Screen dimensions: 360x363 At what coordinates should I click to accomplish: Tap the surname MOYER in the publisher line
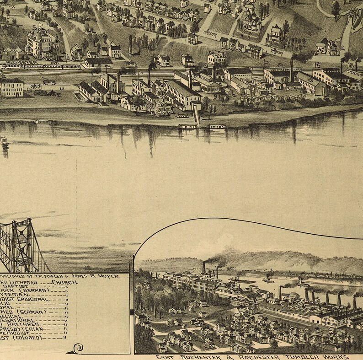click(x=108, y=276)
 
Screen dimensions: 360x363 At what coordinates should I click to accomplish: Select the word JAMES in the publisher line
click(x=86, y=276)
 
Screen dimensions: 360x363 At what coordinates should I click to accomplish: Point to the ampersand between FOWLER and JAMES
click(x=74, y=276)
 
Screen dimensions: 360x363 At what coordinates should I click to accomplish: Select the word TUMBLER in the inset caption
click(x=300, y=356)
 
